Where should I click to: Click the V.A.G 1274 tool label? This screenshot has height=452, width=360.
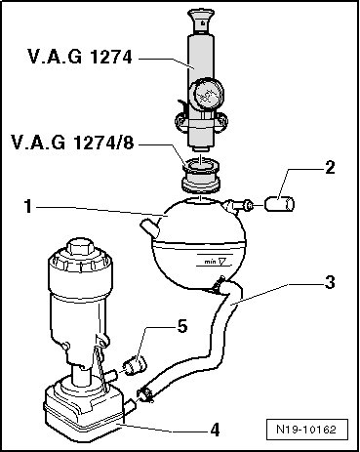[80, 57]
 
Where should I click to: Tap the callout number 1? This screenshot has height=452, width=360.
[29, 206]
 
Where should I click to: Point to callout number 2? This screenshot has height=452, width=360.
[330, 167]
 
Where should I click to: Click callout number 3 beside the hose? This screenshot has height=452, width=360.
[330, 282]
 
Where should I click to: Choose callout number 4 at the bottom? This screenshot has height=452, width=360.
[215, 430]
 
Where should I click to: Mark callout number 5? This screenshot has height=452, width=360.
[181, 326]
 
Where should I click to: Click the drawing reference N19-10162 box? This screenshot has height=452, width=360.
[306, 430]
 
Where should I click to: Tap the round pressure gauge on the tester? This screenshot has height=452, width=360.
[205, 94]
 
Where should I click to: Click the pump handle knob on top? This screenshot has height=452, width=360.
[201, 21]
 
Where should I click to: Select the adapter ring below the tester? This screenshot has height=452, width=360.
[201, 176]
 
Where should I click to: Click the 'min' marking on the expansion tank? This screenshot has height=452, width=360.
[211, 262]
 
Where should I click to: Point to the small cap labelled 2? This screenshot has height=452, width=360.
[280, 204]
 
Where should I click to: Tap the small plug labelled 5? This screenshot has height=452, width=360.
[136, 365]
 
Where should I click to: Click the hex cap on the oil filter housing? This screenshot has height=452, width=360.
[80, 247]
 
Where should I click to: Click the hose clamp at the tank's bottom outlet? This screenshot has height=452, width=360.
[219, 285]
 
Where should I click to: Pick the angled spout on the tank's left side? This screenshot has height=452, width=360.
[150, 227]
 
